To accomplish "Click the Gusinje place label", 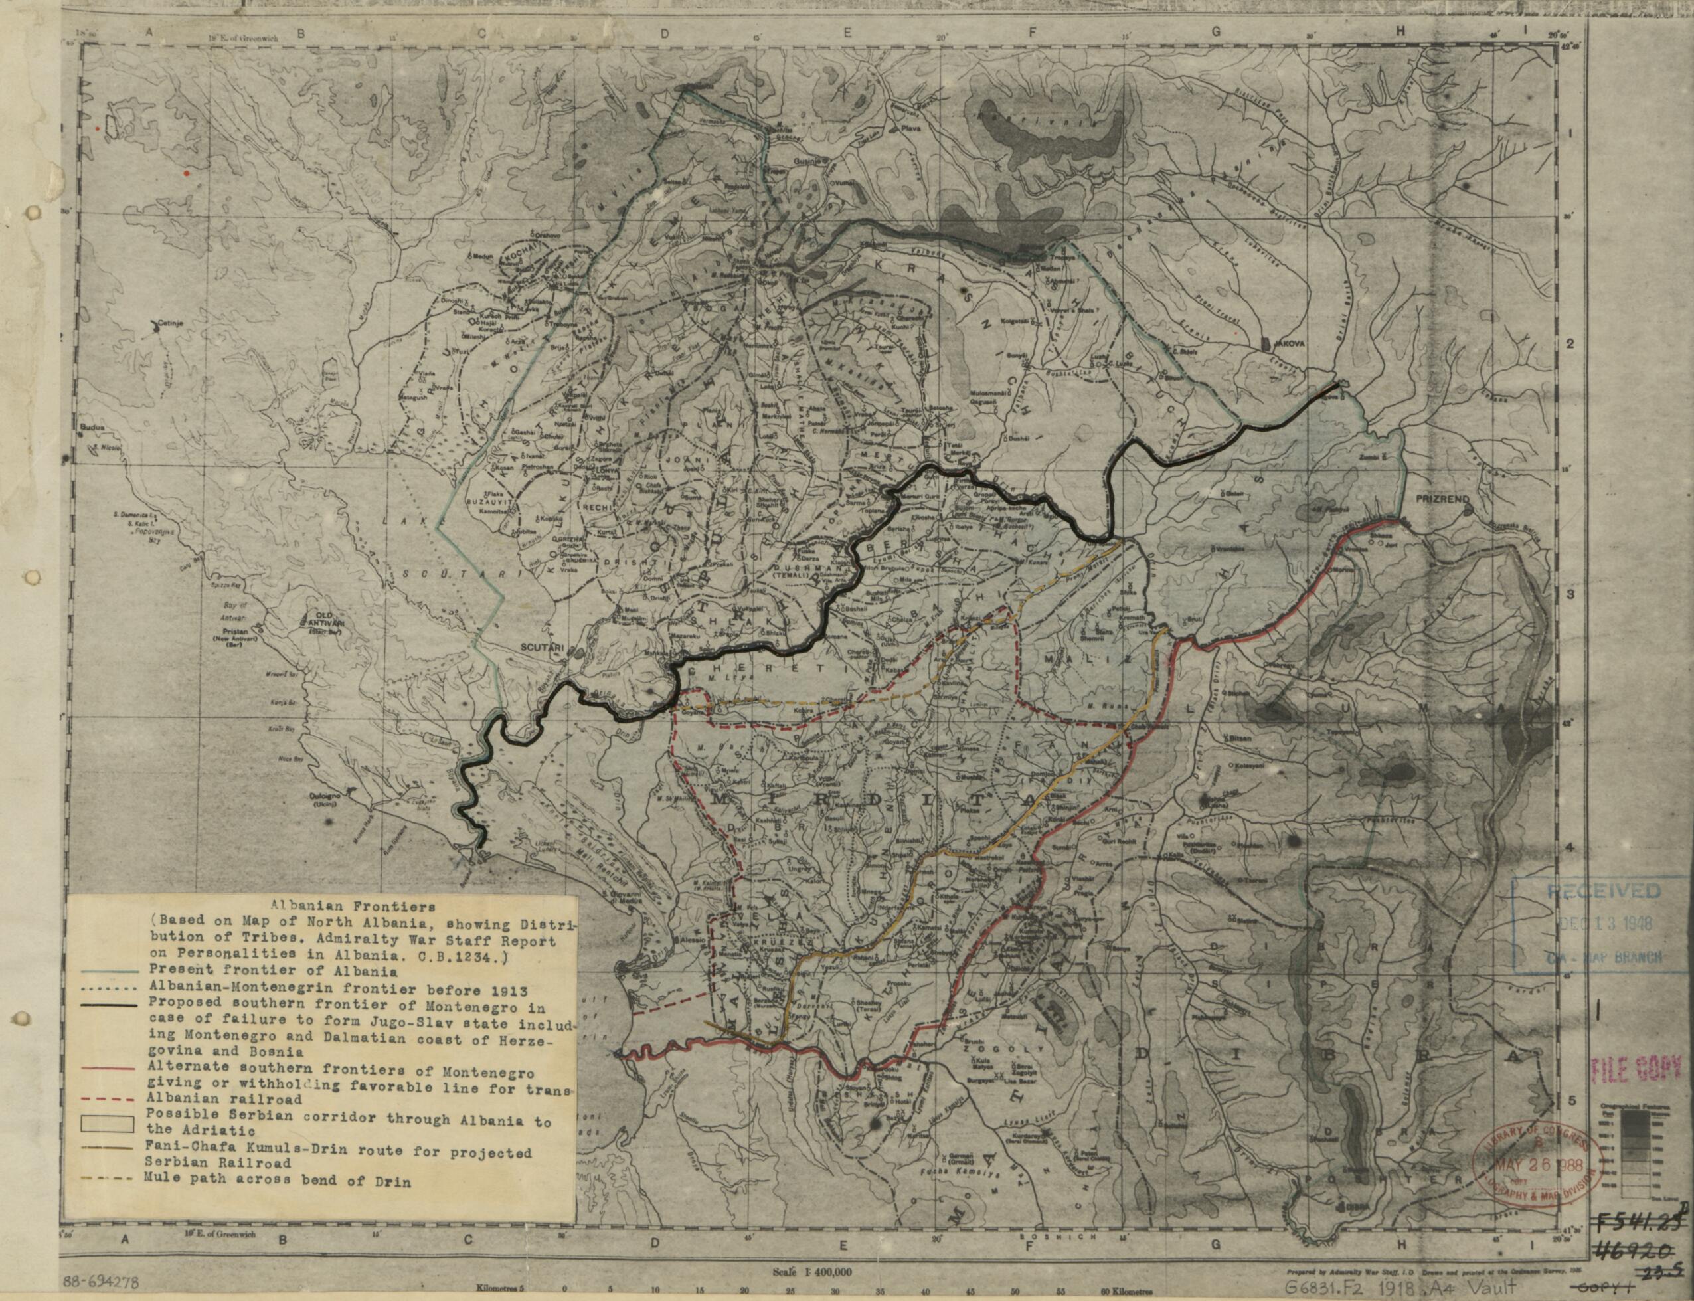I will click(808, 162).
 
